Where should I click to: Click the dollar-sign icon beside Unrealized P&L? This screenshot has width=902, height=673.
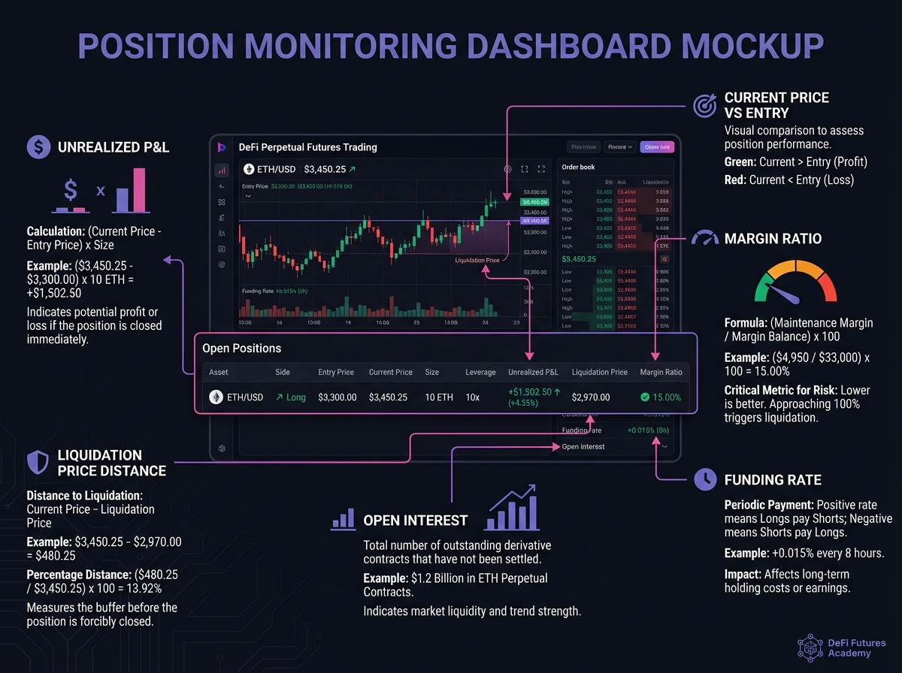coord(38,147)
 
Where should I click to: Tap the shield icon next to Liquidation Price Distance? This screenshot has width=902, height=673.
coord(38,462)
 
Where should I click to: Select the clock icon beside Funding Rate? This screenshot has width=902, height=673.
coord(705,479)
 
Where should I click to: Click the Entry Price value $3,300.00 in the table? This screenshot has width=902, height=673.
coord(337,397)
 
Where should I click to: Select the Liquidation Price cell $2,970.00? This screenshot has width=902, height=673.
coord(590,397)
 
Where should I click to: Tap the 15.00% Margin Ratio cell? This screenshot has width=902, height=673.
coord(662,397)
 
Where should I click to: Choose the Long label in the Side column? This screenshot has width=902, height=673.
coord(291,397)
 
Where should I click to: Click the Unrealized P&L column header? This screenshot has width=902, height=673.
coord(533,372)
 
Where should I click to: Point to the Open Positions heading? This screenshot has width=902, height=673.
coord(241,349)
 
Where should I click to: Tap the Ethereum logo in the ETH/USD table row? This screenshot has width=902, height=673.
coord(216,397)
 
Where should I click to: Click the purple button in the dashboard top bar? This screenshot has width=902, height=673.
coord(657,147)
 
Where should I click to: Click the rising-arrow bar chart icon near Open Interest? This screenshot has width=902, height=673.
coord(511,508)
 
